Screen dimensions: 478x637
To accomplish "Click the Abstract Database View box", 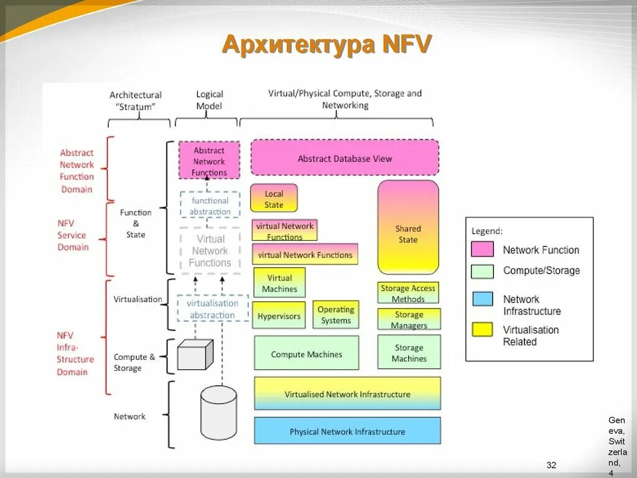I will click(345, 157).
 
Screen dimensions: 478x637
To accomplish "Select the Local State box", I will click(274, 199).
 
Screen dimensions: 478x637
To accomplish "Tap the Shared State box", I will click(408, 228).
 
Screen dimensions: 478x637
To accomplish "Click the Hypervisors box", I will click(279, 315).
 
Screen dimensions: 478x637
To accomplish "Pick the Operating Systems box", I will click(336, 314).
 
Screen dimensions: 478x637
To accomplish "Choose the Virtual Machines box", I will click(279, 283).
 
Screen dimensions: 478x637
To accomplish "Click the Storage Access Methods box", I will click(408, 293).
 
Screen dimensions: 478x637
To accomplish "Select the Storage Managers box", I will click(409, 319).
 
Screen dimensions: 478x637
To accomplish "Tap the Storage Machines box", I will click(409, 352).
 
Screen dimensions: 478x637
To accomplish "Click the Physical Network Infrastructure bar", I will click(347, 431).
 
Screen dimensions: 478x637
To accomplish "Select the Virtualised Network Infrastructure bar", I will click(347, 393).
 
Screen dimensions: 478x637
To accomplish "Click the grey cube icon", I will click(195, 355).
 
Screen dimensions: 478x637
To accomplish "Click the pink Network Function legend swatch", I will click(483, 250).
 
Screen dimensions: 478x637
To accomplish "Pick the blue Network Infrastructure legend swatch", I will click(483, 299).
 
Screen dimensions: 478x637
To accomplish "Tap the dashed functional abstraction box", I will click(210, 205).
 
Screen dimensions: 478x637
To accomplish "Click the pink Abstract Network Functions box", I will click(209, 161).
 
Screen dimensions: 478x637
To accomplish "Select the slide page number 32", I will click(551, 466).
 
